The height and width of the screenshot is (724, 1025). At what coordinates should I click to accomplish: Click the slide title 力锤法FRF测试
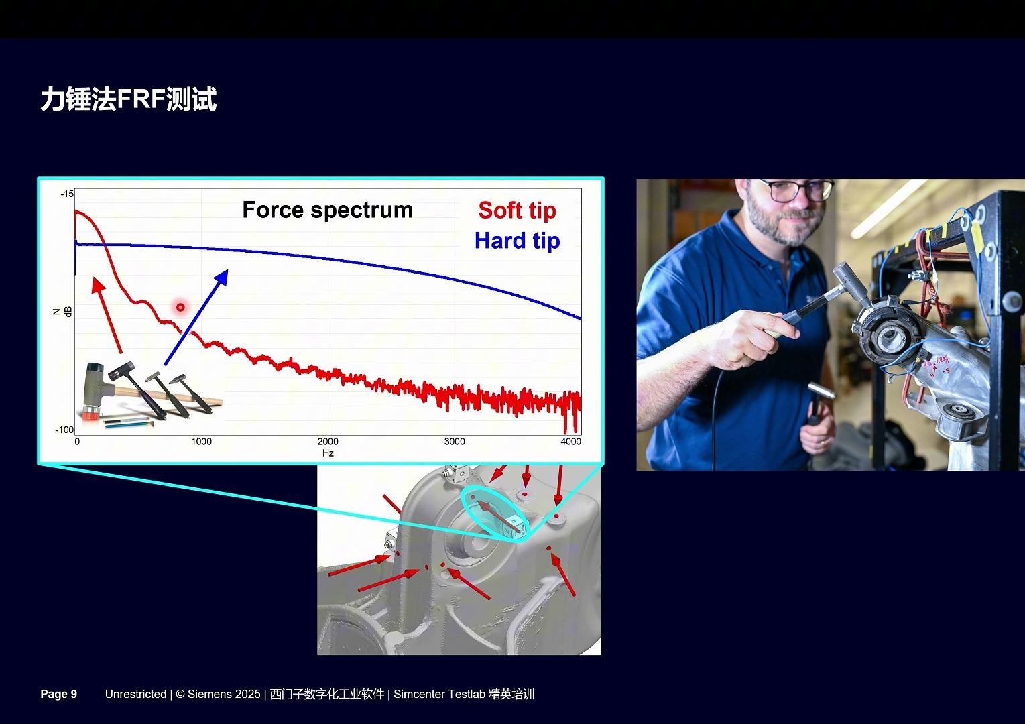pyautogui.click(x=129, y=99)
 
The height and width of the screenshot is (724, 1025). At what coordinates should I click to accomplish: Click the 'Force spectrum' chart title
pyautogui.click(x=328, y=210)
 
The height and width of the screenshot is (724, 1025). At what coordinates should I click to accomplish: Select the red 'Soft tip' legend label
pyautogui.click(x=517, y=210)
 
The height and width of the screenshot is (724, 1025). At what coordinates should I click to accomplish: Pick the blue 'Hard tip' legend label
pyautogui.click(x=517, y=241)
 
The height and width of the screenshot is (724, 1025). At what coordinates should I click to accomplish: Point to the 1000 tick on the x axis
pyautogui.click(x=201, y=442)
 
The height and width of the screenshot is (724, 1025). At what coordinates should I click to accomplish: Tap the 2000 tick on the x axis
pyautogui.click(x=328, y=442)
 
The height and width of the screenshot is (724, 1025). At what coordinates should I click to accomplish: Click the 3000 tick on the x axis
pyautogui.click(x=455, y=442)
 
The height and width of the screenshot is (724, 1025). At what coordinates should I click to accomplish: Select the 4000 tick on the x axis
pyautogui.click(x=570, y=442)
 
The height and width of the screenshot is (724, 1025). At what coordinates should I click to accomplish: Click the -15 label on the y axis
pyautogui.click(x=67, y=194)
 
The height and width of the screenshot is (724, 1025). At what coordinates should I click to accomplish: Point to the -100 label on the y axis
pyautogui.click(x=64, y=430)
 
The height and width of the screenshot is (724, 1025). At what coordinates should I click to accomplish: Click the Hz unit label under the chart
pyautogui.click(x=328, y=453)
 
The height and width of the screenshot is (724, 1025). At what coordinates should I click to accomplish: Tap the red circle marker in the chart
pyautogui.click(x=180, y=307)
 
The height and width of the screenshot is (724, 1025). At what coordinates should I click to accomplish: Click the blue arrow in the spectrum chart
pyautogui.click(x=196, y=317)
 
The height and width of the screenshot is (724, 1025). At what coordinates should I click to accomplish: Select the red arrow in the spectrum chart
pyautogui.click(x=107, y=315)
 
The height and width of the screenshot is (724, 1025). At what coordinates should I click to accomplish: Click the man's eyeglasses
pyautogui.click(x=796, y=190)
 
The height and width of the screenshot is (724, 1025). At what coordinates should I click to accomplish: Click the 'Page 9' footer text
pyautogui.click(x=58, y=694)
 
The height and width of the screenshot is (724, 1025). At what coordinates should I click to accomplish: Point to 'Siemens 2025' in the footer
pyautogui.click(x=224, y=694)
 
